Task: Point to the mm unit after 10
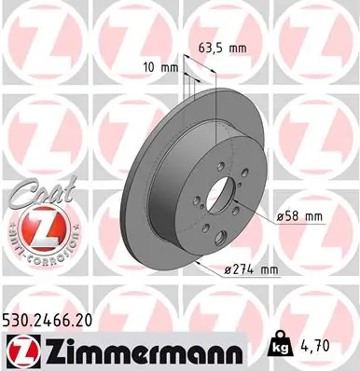[x=168, y=67]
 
